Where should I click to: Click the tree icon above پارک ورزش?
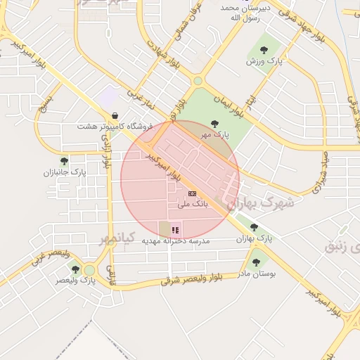(x=264, y=50)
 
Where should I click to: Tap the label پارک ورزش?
(x=264, y=62)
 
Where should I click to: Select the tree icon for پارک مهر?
(x=215, y=123)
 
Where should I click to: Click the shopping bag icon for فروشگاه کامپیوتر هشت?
(x=115, y=116)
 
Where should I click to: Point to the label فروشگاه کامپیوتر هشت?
(x=115, y=127)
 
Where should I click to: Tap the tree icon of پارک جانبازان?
(x=64, y=161)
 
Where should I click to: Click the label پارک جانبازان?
(x=64, y=172)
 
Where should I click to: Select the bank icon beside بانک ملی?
(x=192, y=193)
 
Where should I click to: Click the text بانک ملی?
(x=191, y=205)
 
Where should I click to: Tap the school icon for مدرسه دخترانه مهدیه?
(x=175, y=229)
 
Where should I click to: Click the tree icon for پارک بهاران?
(x=254, y=227)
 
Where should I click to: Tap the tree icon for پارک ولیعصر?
(x=75, y=269)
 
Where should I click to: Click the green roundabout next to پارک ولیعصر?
(x=89, y=270)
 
